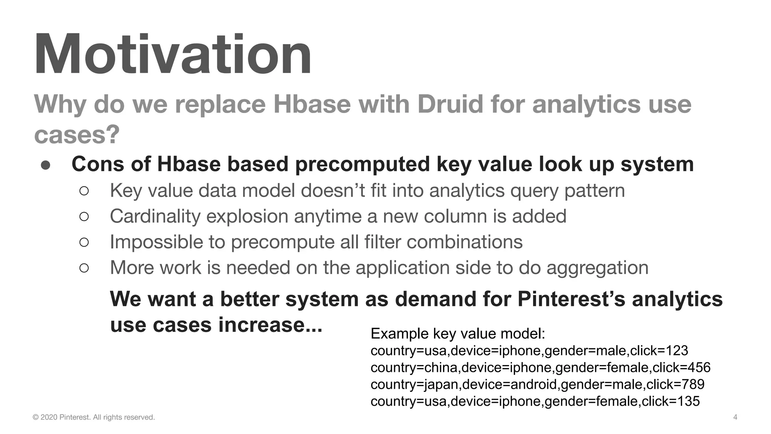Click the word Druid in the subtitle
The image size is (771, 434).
pos(450,104)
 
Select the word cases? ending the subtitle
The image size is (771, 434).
pos(77,134)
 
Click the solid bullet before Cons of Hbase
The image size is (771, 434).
pos(46,165)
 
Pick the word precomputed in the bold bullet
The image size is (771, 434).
pos(362,164)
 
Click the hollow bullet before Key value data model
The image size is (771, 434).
pos(84,191)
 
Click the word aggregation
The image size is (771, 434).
pos(597,268)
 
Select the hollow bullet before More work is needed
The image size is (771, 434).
pos(84,268)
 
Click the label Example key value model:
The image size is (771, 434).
pos(458,334)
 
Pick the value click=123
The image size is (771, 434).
pos(659,351)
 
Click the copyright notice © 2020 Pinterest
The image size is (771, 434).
pos(94,417)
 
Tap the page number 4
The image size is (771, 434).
pos(735,417)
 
